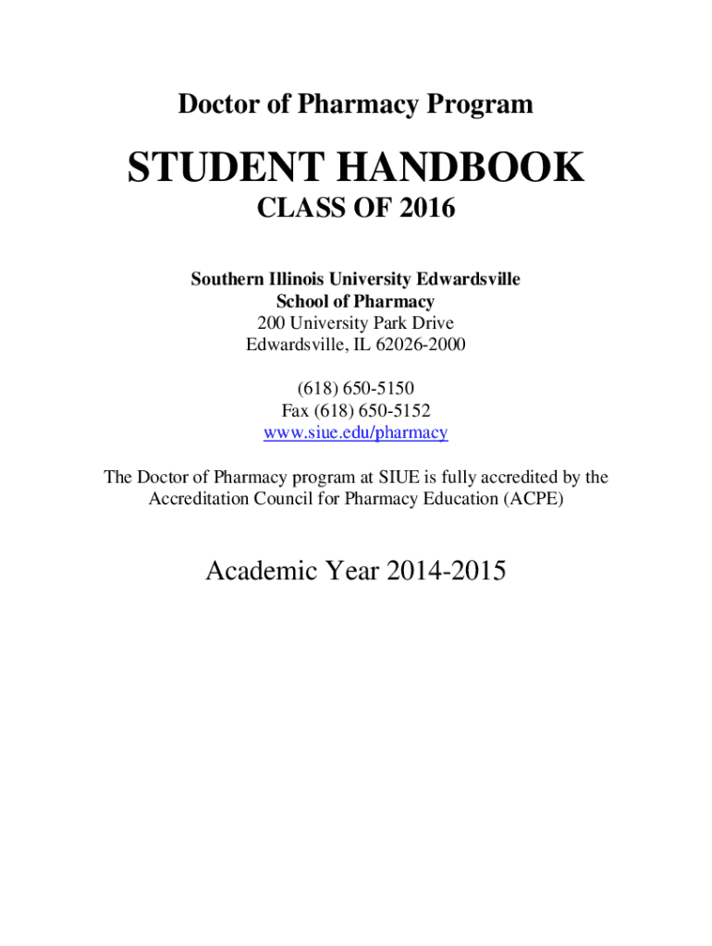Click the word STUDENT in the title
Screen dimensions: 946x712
click(x=224, y=168)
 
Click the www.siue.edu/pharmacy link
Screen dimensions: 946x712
click(x=356, y=431)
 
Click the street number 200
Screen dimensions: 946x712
click(x=272, y=323)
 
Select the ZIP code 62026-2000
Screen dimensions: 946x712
click(x=422, y=346)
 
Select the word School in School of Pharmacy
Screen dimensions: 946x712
click(x=302, y=301)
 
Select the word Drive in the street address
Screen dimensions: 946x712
click(x=431, y=323)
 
